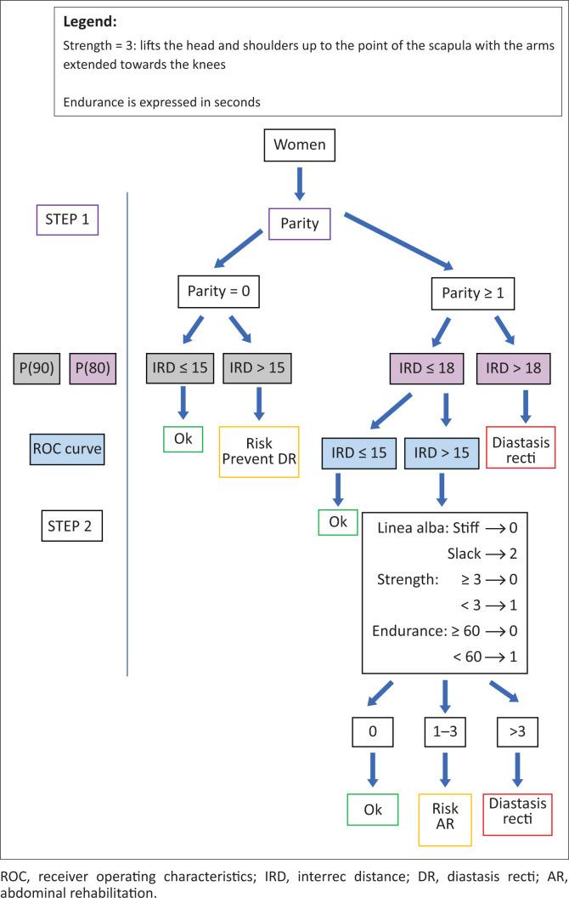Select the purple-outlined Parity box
click(293, 224)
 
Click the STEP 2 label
click(72, 526)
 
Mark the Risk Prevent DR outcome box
click(259, 451)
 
